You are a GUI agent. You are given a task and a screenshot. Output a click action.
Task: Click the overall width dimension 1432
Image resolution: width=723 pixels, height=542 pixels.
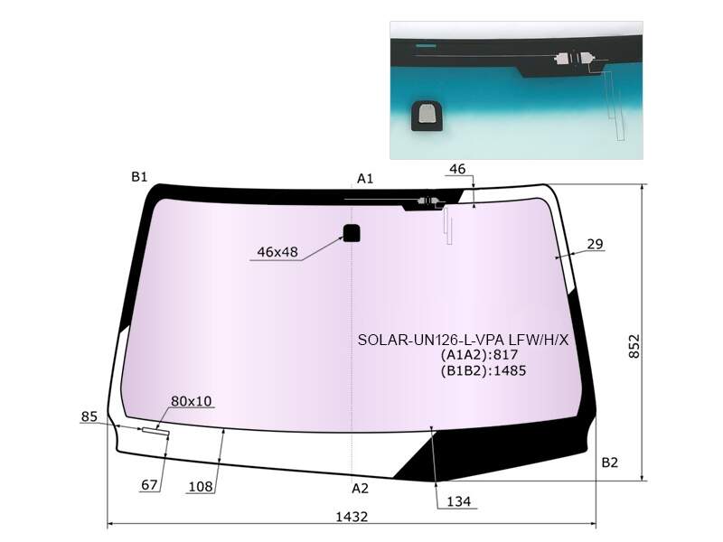(352, 516)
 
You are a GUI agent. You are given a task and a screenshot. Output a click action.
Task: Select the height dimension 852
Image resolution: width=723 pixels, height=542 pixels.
(634, 346)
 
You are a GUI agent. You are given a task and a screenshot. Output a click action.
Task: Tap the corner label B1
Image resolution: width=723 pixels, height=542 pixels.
(139, 176)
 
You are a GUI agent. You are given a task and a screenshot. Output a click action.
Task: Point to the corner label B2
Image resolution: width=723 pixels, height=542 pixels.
(609, 462)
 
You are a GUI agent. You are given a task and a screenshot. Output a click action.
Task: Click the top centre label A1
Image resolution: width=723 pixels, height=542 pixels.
(365, 178)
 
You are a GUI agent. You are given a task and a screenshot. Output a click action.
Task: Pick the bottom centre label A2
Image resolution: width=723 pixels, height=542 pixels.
(360, 488)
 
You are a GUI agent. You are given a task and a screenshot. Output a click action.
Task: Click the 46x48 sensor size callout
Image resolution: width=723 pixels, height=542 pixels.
(277, 252)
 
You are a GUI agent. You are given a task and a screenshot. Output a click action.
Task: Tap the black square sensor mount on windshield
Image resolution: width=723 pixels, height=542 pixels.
(352, 233)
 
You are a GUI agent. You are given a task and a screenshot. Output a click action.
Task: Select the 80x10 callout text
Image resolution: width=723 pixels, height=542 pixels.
(191, 401)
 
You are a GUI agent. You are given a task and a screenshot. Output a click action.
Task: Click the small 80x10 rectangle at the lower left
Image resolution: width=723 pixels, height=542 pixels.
(155, 432)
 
